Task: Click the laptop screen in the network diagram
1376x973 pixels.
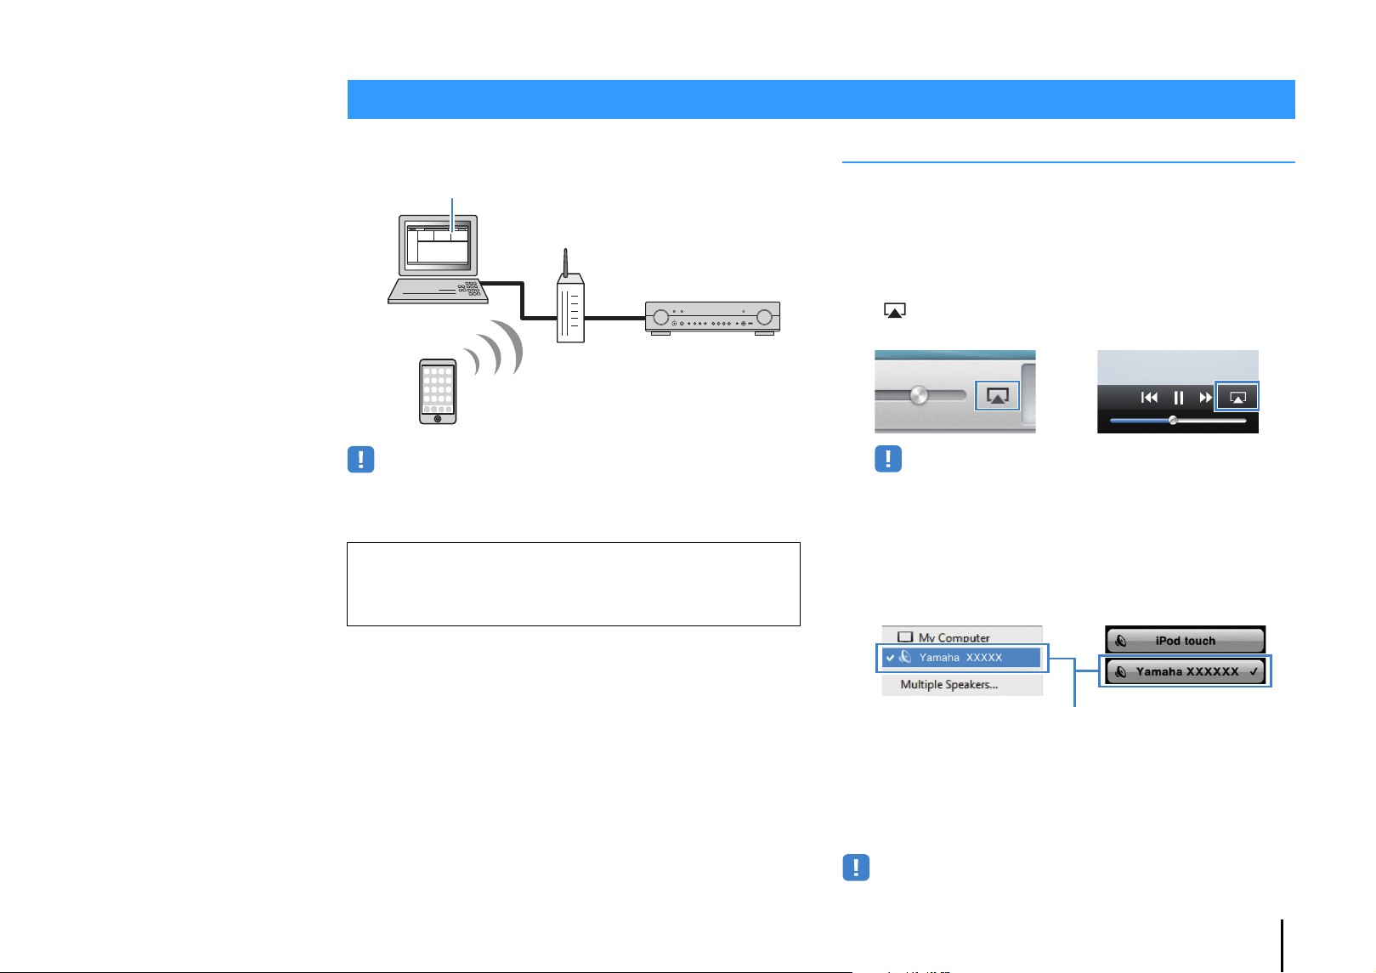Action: point(438,245)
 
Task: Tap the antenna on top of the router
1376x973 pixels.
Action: point(565,263)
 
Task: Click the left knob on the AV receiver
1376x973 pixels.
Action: point(660,318)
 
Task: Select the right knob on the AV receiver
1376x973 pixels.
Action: point(764,317)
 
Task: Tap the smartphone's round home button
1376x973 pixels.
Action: point(438,419)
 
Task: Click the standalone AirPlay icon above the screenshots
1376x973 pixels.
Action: point(894,310)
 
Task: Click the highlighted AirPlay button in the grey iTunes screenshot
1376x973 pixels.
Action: point(997,396)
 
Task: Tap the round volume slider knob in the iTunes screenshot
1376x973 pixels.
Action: point(919,395)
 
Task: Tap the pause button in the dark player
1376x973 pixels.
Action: point(1178,398)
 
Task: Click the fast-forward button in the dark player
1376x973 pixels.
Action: point(1204,398)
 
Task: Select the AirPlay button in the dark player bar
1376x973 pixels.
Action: point(1237,397)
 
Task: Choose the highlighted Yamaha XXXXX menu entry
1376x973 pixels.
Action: point(961,658)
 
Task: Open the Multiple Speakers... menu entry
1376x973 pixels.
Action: point(949,684)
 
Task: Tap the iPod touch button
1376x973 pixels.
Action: point(1185,640)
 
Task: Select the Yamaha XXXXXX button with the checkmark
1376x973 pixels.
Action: point(1185,671)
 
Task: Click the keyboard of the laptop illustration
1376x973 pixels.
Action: point(438,291)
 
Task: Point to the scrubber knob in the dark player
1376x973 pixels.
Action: point(1173,421)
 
